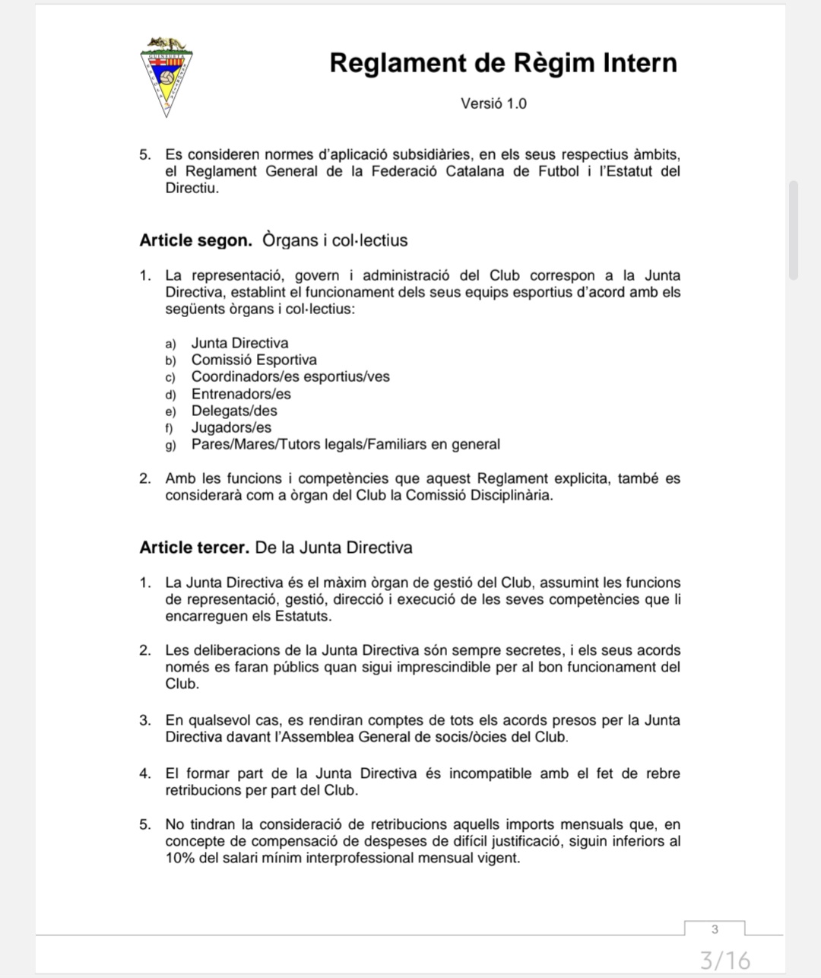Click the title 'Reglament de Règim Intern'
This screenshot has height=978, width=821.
tap(502, 62)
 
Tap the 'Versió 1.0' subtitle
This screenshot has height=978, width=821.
tap(493, 103)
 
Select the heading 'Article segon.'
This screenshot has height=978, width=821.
tap(196, 240)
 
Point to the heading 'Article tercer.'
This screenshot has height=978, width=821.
tap(194, 548)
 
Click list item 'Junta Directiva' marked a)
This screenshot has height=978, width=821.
tap(239, 343)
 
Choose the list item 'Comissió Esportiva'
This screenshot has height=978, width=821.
tap(254, 360)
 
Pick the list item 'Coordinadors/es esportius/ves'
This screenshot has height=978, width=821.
tap(290, 376)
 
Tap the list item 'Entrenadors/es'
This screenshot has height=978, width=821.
tap(241, 394)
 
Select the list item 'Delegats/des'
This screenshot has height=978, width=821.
tap(234, 411)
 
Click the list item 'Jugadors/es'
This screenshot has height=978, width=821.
tap(231, 427)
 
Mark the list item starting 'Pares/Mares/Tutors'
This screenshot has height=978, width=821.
tap(345, 444)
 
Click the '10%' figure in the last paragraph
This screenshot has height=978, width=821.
tap(180, 858)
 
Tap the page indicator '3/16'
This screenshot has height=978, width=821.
tap(724, 960)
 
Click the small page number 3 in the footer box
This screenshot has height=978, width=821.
tap(715, 929)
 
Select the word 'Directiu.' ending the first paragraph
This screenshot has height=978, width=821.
tap(192, 188)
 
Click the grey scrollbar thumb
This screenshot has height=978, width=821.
tap(794, 230)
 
